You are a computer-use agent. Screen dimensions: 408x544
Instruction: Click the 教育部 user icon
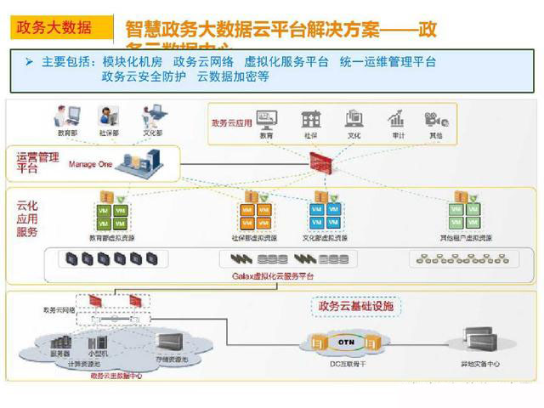67,116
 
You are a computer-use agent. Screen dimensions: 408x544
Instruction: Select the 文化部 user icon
152,116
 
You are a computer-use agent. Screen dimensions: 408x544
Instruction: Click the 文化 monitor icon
354,119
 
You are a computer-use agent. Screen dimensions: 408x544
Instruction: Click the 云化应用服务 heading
28,218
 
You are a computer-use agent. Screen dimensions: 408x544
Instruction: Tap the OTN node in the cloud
346,342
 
